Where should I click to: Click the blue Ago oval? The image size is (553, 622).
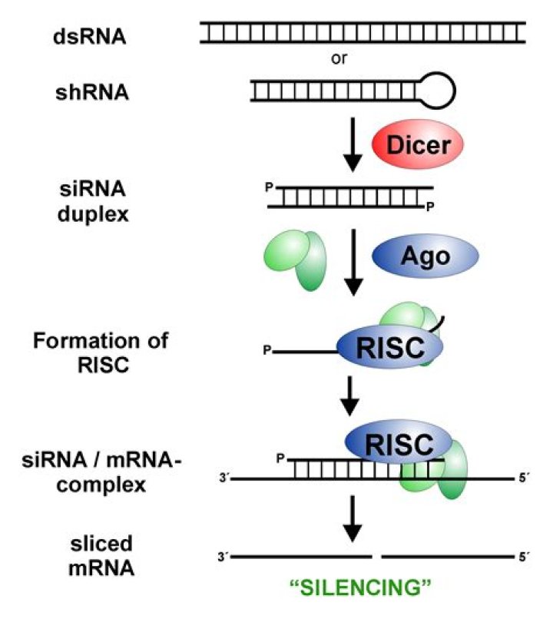pos(425,256)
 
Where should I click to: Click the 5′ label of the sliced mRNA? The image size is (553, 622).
pos(524,554)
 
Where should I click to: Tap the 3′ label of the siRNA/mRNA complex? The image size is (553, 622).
pos(223,478)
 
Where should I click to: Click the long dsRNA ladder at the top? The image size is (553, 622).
pos(363,31)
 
